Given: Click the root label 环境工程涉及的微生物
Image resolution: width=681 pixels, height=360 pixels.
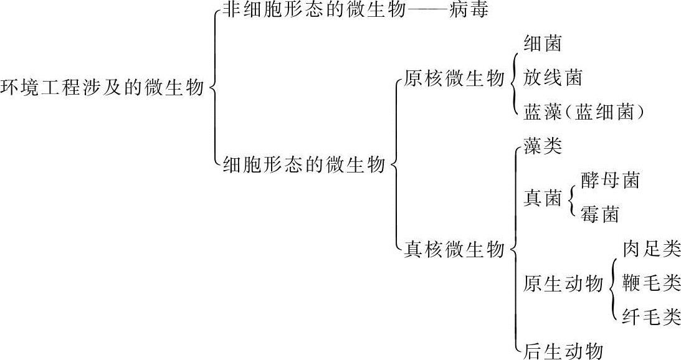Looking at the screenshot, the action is click(103, 88).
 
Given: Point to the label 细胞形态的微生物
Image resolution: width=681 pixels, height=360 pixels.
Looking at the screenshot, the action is click(304, 164).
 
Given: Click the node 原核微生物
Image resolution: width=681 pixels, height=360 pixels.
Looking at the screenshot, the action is click(454, 79).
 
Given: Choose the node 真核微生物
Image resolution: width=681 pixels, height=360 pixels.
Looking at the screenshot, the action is click(454, 250).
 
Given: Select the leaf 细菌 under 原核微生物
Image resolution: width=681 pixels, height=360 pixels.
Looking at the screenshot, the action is click(543, 44).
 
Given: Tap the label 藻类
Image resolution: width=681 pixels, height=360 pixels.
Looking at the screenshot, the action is click(543, 146).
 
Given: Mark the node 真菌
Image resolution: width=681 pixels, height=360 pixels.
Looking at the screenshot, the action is click(543, 198).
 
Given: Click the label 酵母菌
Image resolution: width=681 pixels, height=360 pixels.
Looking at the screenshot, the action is click(609, 181).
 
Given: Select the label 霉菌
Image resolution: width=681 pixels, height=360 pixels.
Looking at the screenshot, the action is click(599, 215).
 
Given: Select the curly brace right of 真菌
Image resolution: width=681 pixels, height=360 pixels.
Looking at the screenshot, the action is click(571, 198).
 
